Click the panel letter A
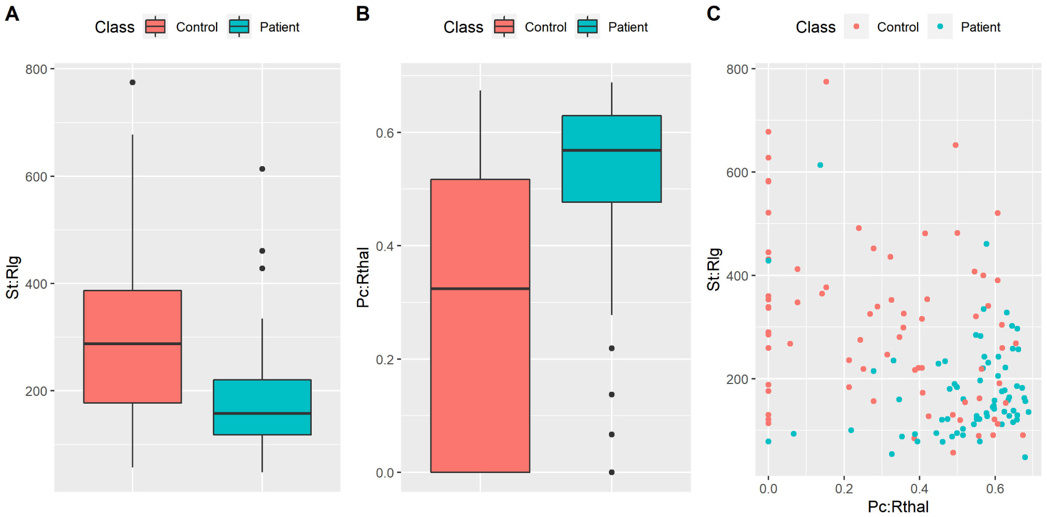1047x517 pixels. click(x=12, y=14)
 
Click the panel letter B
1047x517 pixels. click(x=362, y=14)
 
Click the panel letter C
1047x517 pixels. click(x=713, y=14)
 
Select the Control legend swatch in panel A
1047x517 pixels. click(x=155, y=26)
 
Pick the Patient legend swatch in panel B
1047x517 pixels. click(x=587, y=26)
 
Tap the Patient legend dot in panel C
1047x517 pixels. click(x=940, y=26)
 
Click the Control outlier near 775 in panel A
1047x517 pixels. click(x=133, y=82)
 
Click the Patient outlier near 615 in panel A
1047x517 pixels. click(x=262, y=169)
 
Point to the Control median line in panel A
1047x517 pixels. click(x=133, y=343)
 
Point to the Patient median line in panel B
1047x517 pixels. click(x=612, y=150)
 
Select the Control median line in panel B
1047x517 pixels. click(x=480, y=288)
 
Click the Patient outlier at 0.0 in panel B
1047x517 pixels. click(x=612, y=472)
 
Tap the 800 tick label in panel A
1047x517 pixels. click(x=36, y=69)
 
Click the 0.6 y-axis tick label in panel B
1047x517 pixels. click(x=385, y=133)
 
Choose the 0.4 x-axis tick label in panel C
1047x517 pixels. click(x=919, y=489)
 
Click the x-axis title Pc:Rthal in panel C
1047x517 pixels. click(x=898, y=507)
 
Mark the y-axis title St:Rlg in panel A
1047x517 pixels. click(x=13, y=277)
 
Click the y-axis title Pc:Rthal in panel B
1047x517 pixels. click(x=363, y=277)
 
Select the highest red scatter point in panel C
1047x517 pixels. click(x=826, y=82)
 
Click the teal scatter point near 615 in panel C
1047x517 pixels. click(x=820, y=165)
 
